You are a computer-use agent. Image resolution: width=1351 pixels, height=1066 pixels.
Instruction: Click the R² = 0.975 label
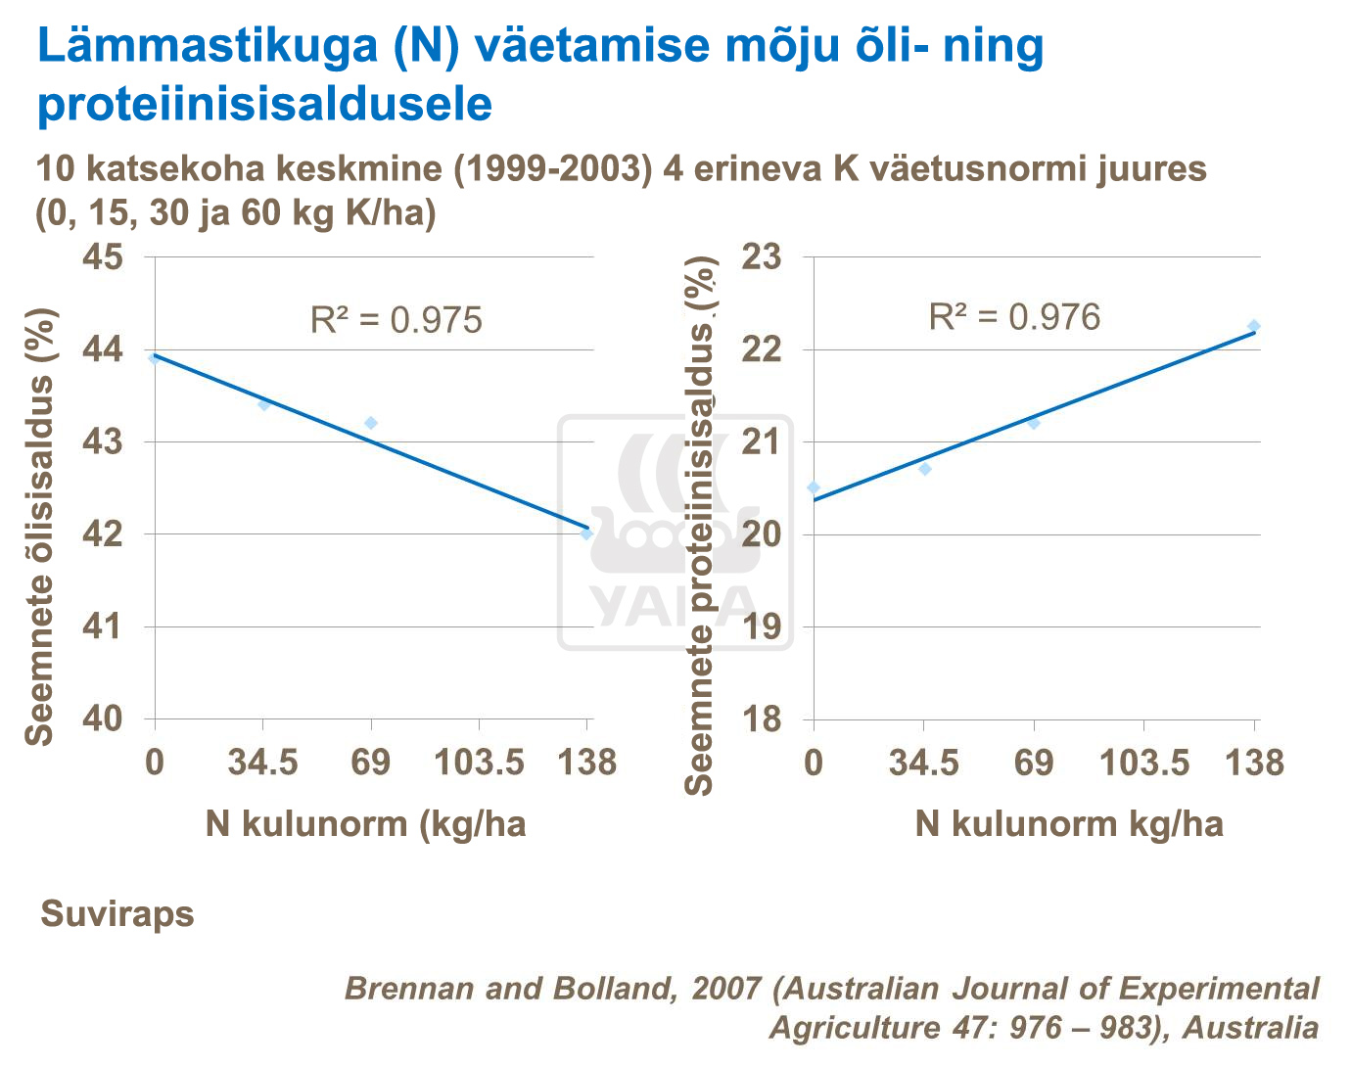tap(396, 320)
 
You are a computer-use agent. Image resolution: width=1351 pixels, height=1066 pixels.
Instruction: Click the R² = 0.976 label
tap(1014, 317)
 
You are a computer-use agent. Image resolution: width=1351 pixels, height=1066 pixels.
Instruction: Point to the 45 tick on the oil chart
tap(103, 257)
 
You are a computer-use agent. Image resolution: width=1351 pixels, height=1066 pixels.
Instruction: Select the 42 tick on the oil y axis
tap(103, 534)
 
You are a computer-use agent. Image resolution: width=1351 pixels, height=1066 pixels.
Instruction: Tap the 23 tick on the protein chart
tap(762, 257)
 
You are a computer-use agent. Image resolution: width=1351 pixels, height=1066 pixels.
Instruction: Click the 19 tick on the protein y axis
tap(762, 626)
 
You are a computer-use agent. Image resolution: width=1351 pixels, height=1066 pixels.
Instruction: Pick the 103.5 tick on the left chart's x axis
tap(480, 762)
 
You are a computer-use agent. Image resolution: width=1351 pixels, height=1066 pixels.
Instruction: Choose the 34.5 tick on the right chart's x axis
tap(923, 762)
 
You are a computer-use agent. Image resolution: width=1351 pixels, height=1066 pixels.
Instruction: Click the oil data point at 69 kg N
tap(371, 423)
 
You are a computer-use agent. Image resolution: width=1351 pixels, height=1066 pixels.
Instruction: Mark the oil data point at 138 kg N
tap(586, 533)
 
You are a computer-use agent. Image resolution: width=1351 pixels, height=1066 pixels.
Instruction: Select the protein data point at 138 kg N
tap(1253, 326)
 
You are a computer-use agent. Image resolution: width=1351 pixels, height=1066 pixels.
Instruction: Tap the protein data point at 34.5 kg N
tap(924, 469)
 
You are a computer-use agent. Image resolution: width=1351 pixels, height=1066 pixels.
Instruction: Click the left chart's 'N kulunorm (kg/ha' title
tap(365, 824)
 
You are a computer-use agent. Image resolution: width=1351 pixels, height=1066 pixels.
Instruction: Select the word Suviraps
tap(117, 914)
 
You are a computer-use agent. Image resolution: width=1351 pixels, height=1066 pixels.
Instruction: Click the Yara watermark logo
tap(675, 533)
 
